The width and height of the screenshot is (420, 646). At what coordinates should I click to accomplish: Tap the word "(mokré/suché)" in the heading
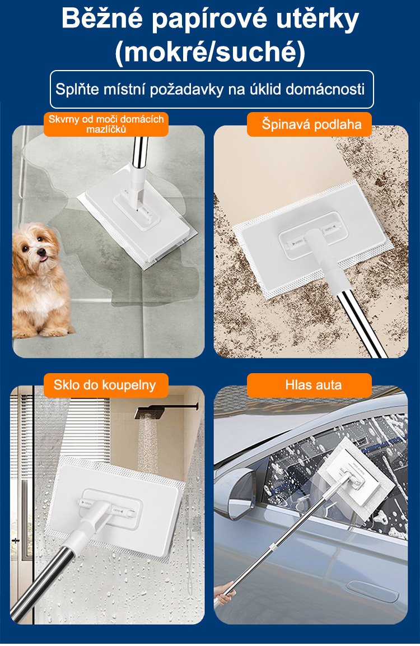pyautogui.click(x=210, y=52)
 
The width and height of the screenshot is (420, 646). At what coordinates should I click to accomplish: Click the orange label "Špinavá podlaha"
pyautogui.click(x=310, y=124)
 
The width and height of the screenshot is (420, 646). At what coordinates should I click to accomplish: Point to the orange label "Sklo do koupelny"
pyautogui.click(x=105, y=385)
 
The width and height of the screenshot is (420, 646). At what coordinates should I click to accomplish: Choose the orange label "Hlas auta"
pyautogui.click(x=314, y=385)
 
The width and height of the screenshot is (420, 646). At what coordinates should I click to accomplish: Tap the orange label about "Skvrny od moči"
pyautogui.click(x=106, y=124)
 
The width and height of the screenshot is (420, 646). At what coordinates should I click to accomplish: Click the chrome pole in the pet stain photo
pyautogui.click(x=139, y=152)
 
